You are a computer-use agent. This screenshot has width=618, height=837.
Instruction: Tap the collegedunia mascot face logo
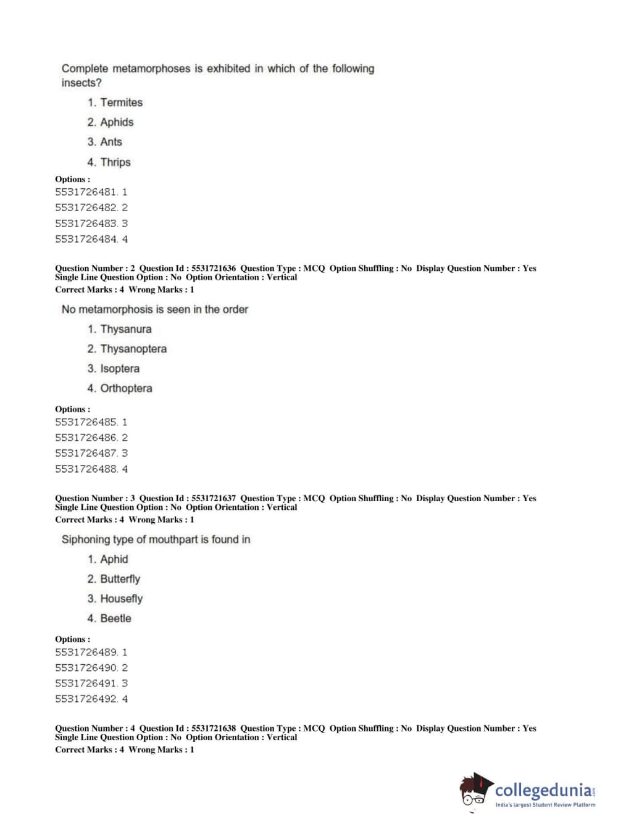(475, 791)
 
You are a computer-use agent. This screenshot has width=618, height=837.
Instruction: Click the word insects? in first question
(81, 83)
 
